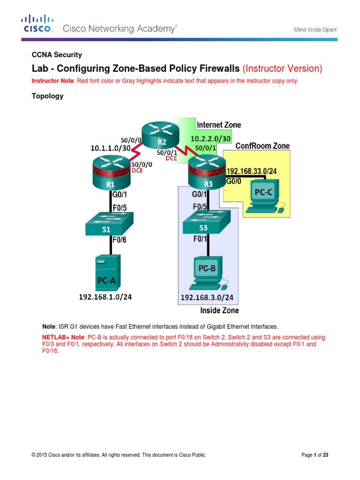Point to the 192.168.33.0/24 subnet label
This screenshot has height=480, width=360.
click(x=252, y=172)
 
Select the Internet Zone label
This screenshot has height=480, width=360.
click(x=219, y=125)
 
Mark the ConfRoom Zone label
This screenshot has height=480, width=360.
click(x=262, y=146)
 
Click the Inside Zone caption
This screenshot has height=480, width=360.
click(x=219, y=310)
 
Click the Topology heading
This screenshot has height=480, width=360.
click(x=47, y=96)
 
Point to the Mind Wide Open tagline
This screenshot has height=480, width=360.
click(x=315, y=30)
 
